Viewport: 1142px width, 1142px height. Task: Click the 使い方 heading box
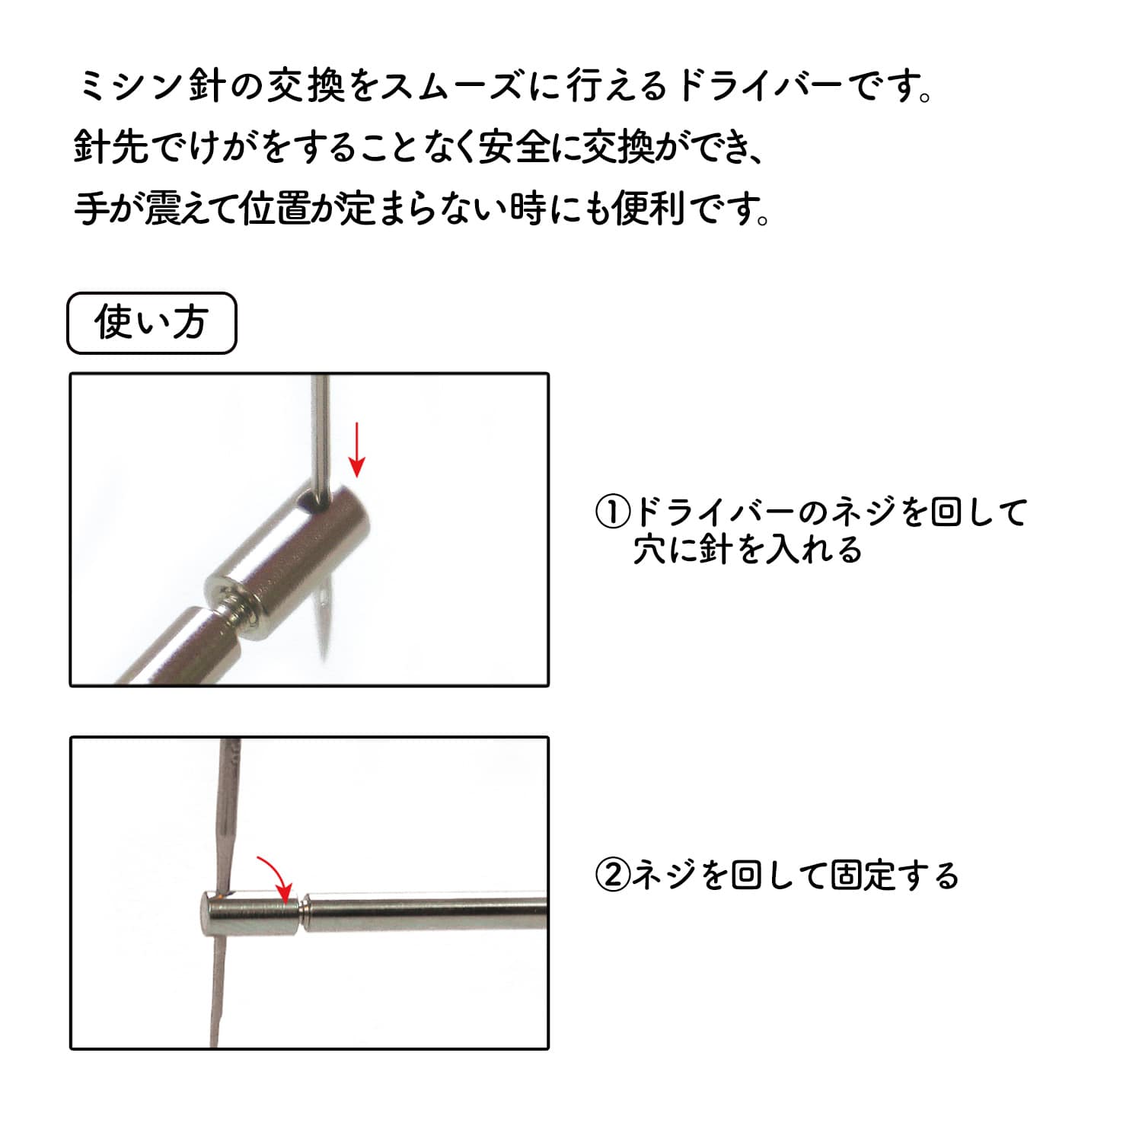click(x=152, y=323)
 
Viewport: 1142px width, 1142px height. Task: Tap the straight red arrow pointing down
click(x=356, y=449)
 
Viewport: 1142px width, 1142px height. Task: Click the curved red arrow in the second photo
click(x=276, y=876)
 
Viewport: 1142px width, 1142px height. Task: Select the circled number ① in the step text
click(x=613, y=512)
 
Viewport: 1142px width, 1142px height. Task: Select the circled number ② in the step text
click(x=613, y=876)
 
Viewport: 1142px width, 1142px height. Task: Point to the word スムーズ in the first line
click(x=451, y=86)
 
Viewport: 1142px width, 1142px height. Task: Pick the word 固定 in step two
click(x=863, y=876)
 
